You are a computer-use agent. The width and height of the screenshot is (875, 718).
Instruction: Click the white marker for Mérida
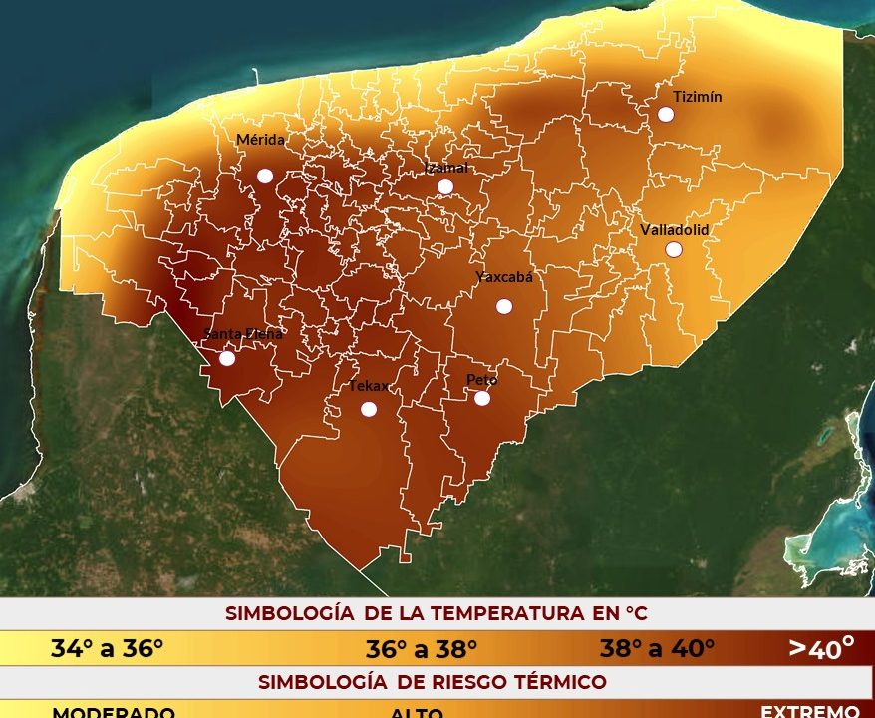click(x=265, y=176)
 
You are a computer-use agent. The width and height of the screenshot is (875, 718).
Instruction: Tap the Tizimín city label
click(x=698, y=97)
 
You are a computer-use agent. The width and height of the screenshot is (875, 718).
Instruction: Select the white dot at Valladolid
click(x=674, y=249)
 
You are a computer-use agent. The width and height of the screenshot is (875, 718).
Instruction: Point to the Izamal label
click(x=446, y=168)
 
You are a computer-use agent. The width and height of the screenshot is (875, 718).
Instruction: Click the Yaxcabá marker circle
click(x=504, y=306)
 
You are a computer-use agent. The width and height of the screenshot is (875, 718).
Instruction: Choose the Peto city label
click(x=482, y=379)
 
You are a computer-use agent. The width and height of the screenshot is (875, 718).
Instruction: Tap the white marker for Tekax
click(x=369, y=409)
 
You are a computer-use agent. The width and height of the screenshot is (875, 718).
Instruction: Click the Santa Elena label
click(x=243, y=334)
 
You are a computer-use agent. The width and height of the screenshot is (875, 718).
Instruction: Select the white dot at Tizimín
click(x=666, y=114)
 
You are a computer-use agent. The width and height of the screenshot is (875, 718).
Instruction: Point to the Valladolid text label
click(x=675, y=229)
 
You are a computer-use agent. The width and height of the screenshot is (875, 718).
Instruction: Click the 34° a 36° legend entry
click(x=107, y=649)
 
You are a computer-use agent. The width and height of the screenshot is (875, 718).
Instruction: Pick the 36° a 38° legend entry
click(x=422, y=650)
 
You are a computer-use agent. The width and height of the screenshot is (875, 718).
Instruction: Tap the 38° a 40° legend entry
click(x=657, y=649)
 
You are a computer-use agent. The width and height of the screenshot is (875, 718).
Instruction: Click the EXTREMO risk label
click(x=809, y=711)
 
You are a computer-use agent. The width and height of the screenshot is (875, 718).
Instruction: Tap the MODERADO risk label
click(x=113, y=713)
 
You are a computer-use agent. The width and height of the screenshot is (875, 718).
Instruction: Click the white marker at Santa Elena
click(x=227, y=358)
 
